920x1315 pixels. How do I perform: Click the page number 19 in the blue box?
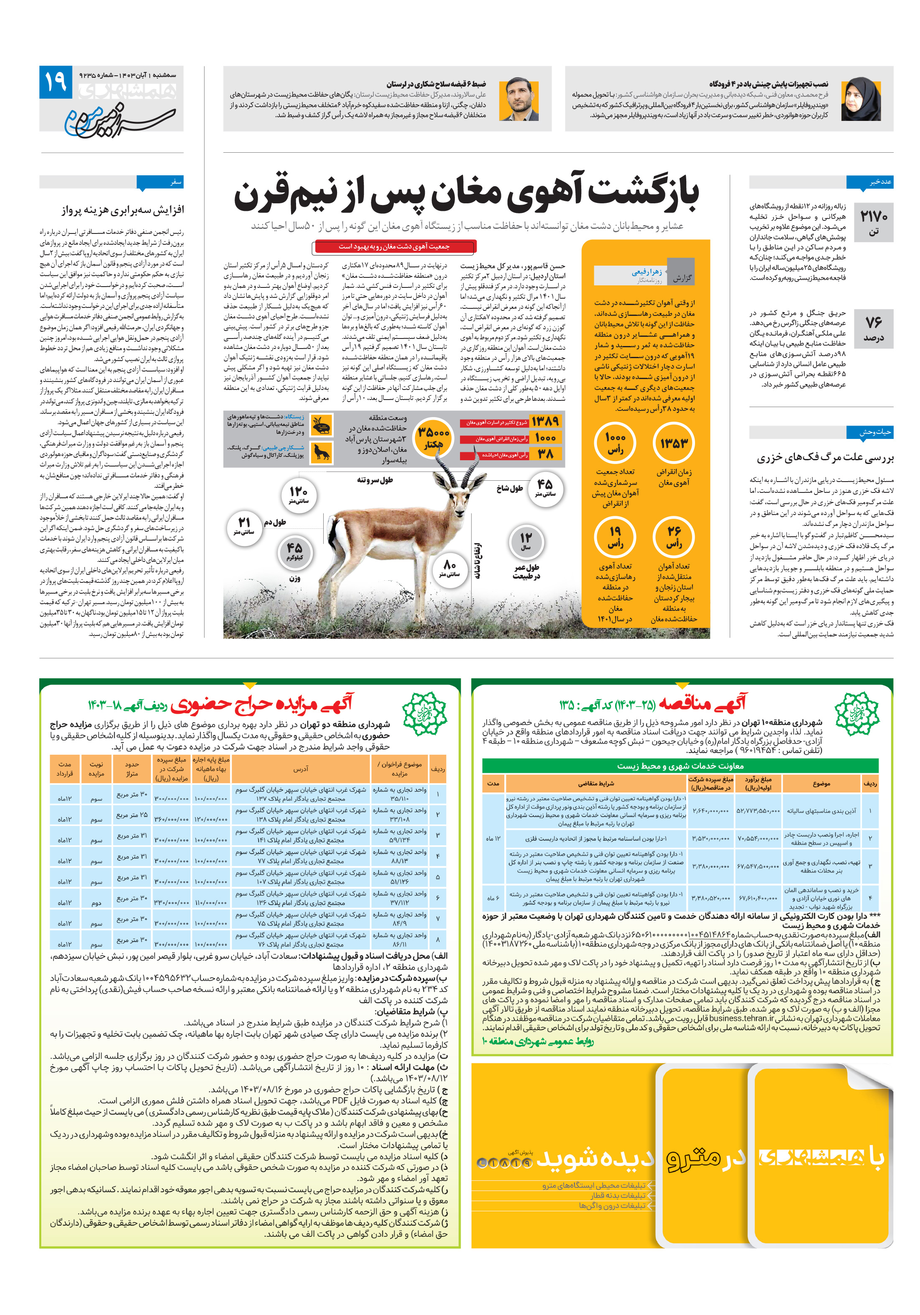(56, 82)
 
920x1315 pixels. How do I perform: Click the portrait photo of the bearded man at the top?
(519, 98)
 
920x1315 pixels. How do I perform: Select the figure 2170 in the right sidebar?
(873, 216)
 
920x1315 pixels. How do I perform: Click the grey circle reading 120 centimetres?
(298, 494)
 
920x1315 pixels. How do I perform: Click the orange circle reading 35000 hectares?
(433, 436)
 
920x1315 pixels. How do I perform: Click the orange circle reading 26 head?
(674, 536)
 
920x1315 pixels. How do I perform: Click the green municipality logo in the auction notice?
(424, 713)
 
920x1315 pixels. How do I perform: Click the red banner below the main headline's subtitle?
(394, 247)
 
